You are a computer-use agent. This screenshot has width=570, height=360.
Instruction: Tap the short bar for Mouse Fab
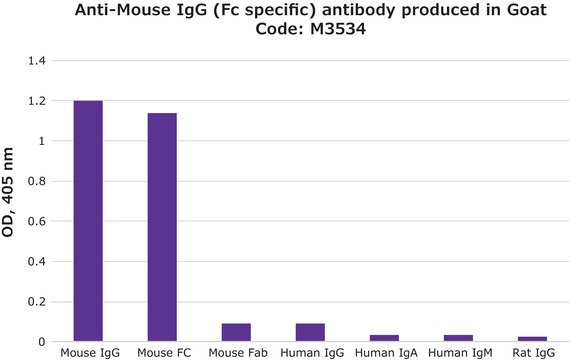pos(236,332)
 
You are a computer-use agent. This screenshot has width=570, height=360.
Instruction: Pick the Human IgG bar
pos(309,332)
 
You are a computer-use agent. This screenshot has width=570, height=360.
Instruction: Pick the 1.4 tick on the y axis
pos(37,61)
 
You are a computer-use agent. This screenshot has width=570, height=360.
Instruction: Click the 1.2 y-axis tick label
pos(37,101)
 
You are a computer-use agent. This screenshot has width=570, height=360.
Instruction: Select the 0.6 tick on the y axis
pos(37,221)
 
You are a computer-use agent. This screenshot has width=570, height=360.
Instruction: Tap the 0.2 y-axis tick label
pos(37,301)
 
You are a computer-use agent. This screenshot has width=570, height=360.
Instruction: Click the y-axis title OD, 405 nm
pos(9,200)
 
